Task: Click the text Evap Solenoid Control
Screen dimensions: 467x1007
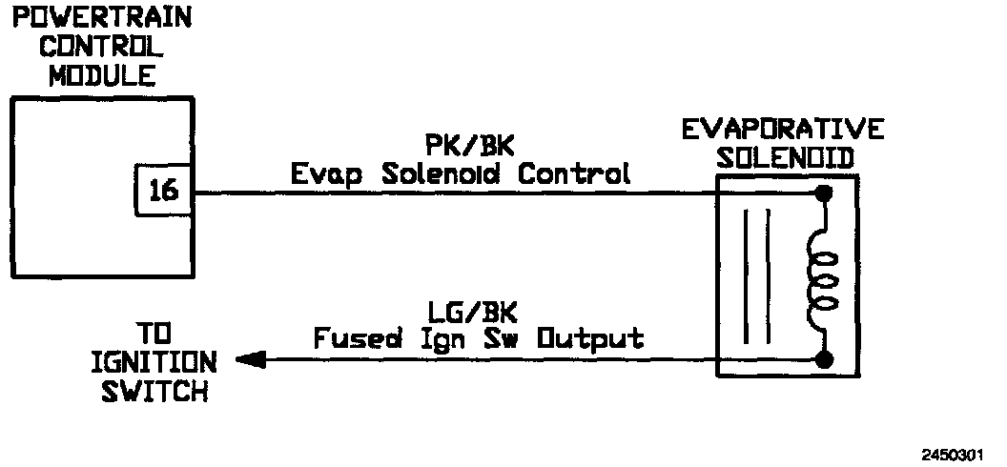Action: (461, 173)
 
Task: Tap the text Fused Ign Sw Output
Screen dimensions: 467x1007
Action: (480, 338)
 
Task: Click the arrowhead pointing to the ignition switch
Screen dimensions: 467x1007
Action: (250, 360)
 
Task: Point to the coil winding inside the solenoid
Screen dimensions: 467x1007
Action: (823, 277)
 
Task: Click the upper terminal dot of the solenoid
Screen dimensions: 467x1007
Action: (824, 193)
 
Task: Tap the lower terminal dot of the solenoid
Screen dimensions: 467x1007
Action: (824, 360)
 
